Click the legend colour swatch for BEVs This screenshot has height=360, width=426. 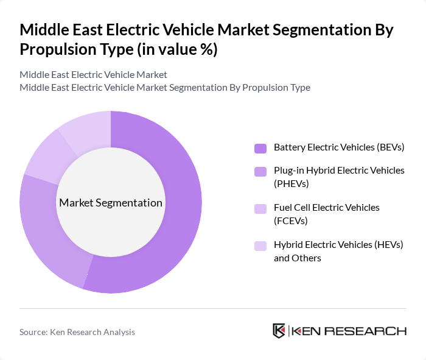[x=260, y=148]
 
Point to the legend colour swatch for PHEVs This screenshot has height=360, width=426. [x=260, y=172]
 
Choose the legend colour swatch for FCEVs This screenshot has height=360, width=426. [x=260, y=209]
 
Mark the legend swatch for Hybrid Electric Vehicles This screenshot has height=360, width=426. [x=260, y=246]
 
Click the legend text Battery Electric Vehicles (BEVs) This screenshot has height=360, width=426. [x=339, y=147]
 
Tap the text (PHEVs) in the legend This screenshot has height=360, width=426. [x=292, y=183]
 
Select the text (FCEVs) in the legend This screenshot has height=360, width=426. [x=291, y=221]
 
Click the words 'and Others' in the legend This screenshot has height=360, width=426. [x=297, y=258]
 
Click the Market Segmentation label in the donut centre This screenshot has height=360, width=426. [x=111, y=203]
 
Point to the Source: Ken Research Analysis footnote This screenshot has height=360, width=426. [x=77, y=332]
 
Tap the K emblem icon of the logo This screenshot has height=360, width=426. [x=279, y=331]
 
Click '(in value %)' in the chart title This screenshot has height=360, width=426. [x=176, y=49]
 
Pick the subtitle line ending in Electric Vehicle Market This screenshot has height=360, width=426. [x=93, y=74]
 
